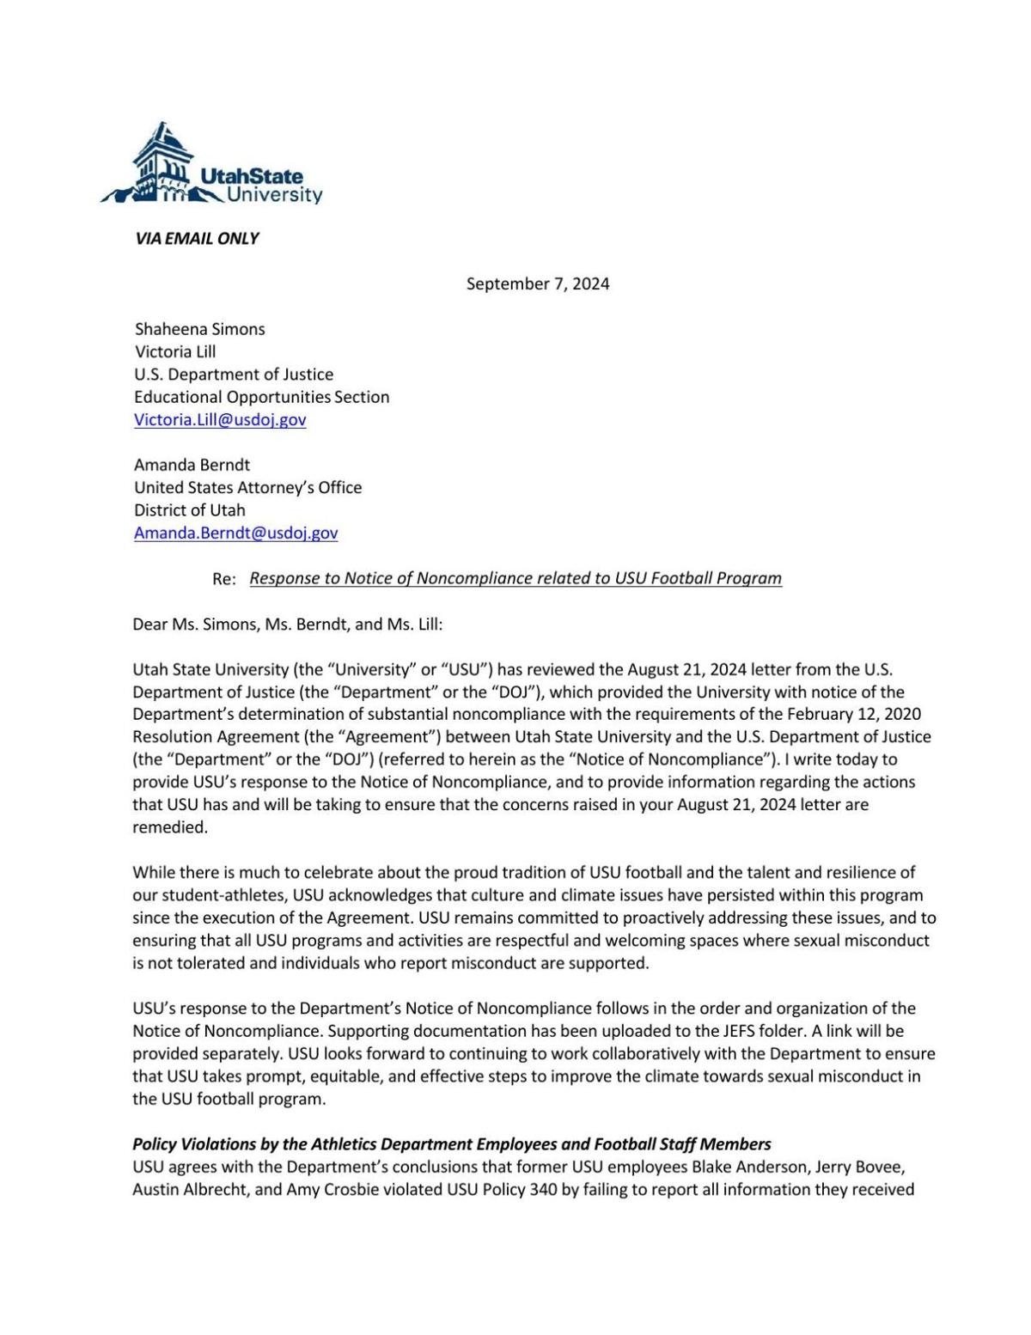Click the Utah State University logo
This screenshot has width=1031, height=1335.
coord(211,166)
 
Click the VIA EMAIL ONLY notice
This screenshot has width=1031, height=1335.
coord(197,239)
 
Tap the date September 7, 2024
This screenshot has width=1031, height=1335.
coord(538,284)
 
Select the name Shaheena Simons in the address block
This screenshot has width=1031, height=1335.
coord(199,329)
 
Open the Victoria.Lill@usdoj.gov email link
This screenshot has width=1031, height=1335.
coord(220,420)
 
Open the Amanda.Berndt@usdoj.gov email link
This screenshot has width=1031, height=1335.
coord(235,533)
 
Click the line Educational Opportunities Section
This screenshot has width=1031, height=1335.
coord(261,397)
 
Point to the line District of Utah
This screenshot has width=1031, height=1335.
coord(189,510)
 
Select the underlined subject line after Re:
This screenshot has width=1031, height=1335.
coord(515,578)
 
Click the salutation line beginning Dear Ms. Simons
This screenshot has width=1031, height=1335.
coord(287,625)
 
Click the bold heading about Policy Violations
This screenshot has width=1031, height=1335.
coord(451,1144)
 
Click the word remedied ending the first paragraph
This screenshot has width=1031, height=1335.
coord(169,827)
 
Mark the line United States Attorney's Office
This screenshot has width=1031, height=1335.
coord(247,488)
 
